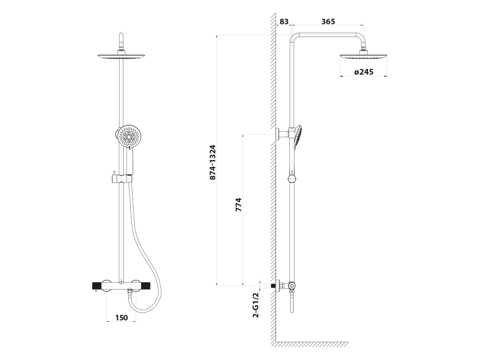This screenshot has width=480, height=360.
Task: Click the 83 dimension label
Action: click(x=284, y=22)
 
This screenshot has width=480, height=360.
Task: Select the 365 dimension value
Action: click(x=328, y=22)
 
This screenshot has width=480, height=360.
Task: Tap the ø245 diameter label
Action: click(x=364, y=72)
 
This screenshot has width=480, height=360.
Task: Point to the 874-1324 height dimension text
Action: click(x=212, y=162)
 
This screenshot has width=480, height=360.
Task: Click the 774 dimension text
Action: click(x=239, y=204)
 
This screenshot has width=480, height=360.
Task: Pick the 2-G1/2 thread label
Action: click(x=255, y=305)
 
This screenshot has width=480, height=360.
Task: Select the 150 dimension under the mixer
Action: click(x=121, y=318)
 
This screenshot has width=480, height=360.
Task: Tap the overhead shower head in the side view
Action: click(x=363, y=57)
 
